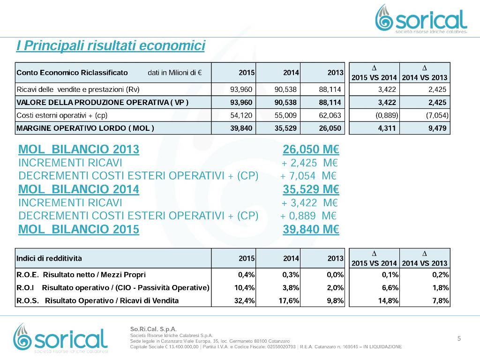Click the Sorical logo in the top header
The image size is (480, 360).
click(421, 19)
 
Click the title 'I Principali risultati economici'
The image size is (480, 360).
click(111, 45)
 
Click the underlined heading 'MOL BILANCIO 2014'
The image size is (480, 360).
click(79, 189)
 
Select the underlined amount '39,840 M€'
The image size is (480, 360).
click(311, 229)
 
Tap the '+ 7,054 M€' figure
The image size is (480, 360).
click(308, 176)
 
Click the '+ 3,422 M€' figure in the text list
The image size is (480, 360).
click(309, 202)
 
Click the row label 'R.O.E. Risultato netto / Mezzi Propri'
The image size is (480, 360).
click(81, 275)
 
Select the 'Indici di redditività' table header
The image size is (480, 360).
click(49, 258)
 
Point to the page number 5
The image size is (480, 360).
click(459, 338)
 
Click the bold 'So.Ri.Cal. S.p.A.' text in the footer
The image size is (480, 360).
click(153, 329)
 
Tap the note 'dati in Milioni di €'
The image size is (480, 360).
click(175, 73)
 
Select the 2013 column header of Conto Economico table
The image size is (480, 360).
click(336, 73)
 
